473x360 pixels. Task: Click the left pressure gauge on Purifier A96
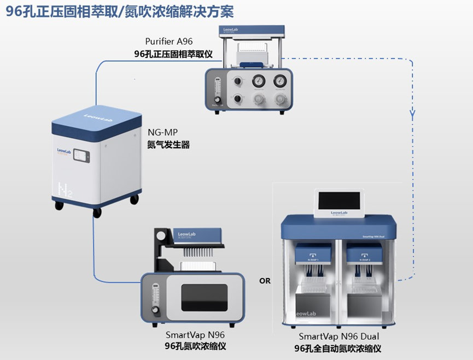pyautogui.click(x=257, y=81)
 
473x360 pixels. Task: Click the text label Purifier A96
pyautogui.click(x=169, y=42)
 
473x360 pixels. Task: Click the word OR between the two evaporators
pyautogui.click(x=265, y=281)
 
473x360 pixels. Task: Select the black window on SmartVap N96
pyautogui.click(x=204, y=297)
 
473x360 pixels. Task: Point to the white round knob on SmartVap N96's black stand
pyautogui.click(x=160, y=236)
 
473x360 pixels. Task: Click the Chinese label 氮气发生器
pyautogui.click(x=169, y=146)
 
